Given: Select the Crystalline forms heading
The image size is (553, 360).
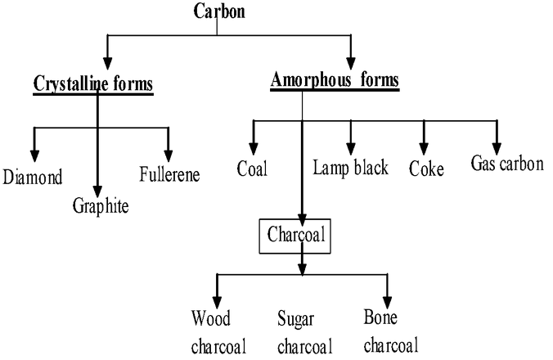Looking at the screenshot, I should coord(93,83).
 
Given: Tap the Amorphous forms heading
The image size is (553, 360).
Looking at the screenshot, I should coord(335,80).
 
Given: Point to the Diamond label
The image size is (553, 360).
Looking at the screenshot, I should coord(33,176).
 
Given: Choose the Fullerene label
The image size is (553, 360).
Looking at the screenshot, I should coord(169,173).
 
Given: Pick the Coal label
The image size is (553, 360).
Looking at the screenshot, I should coord(254,169).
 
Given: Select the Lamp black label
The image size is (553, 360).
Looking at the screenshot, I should coord(350,169).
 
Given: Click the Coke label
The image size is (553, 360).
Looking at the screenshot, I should coord(426,169).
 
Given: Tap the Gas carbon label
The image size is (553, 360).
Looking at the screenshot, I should coord(507,164).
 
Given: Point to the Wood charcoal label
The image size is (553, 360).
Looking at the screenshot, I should coord(213,331).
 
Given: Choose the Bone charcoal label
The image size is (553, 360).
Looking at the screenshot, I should coord(390,331).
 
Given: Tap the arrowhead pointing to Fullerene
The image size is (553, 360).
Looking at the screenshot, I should coord(169,155).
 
